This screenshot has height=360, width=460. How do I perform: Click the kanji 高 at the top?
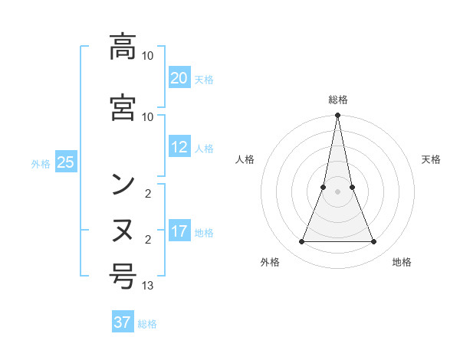tap(123, 47)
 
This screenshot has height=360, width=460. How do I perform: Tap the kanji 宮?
tap(123, 107)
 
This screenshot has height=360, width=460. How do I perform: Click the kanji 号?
tap(123, 276)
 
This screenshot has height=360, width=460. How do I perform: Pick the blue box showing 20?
tap(179, 78)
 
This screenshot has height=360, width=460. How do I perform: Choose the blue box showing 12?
tap(179, 147)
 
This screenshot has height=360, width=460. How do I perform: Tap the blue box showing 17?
tap(179, 231)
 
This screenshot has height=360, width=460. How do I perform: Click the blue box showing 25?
tap(65, 162)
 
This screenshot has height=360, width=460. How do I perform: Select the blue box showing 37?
tap(123, 322)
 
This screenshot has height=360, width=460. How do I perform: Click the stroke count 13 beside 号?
tap(148, 286)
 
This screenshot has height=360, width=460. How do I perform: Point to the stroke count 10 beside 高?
tap(148, 56)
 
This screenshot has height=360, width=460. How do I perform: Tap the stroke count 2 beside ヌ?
tap(147, 240)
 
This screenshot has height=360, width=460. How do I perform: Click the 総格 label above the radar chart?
tap(338, 100)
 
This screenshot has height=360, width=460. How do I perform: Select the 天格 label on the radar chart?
tap(431, 159)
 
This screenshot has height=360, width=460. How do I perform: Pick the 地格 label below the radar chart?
tap(402, 262)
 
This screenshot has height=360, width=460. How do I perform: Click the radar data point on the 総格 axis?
tap(338, 116)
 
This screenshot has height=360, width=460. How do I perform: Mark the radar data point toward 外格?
tap(302, 242)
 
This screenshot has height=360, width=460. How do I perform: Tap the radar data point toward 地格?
tap(374, 242)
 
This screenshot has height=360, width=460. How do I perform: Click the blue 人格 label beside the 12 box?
tap(204, 148)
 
